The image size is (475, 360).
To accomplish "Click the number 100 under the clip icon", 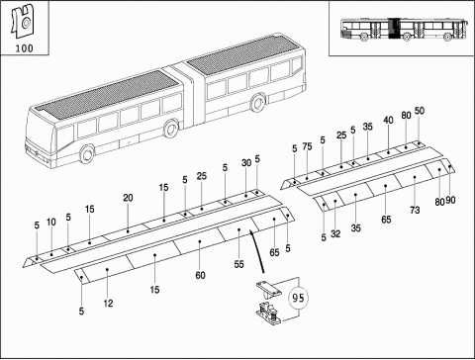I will pos(22,47).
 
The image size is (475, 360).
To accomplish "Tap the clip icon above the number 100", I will pos(22,21).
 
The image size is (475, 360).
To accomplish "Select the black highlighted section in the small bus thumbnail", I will pos(396,32).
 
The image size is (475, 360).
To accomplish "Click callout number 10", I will pos(51,223).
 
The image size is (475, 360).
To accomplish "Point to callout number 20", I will pos(128,198).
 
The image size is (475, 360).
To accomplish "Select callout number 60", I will pos(201,274).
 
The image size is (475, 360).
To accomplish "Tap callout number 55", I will pos(238,265).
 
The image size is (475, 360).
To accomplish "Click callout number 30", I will pos(246,163).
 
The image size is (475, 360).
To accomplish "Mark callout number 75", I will pos(308,147).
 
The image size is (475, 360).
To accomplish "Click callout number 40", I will pos(389,120).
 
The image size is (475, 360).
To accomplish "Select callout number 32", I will pos(335,234).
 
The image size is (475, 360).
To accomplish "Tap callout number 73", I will pos(415,211).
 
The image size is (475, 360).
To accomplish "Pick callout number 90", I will pos(451,202).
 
